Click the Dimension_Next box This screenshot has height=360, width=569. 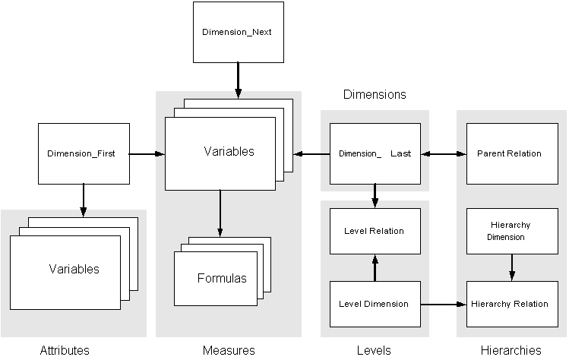238,33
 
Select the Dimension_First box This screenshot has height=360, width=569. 83,153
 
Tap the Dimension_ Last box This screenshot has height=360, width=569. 375,153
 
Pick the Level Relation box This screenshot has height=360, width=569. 375,231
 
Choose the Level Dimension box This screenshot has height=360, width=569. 375,304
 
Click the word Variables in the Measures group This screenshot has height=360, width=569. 229,151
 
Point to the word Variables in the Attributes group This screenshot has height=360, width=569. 74,269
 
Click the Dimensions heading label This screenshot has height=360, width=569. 375,95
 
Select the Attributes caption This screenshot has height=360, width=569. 65,350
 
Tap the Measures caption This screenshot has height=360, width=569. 229,350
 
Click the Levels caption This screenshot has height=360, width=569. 374,350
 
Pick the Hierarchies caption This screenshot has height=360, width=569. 511,350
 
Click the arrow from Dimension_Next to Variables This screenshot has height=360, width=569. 238,80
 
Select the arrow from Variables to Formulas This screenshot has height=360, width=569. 220,213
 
